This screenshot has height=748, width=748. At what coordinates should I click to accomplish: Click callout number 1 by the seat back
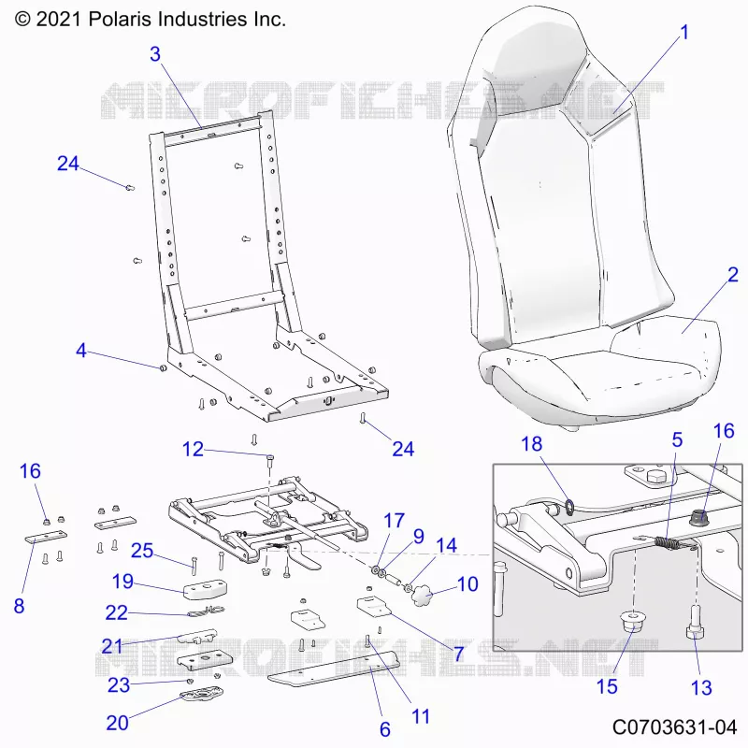(684, 33)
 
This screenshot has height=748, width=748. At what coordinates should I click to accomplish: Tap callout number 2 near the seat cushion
(733, 274)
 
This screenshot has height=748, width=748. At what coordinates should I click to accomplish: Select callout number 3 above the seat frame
(155, 54)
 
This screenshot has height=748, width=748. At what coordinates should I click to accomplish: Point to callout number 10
(467, 583)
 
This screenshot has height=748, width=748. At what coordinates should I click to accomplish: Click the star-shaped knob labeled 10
(422, 596)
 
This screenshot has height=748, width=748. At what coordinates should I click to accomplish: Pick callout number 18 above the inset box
(532, 443)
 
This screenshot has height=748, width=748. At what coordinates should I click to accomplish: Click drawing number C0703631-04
(674, 727)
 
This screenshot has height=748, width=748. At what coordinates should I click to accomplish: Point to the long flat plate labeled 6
(334, 668)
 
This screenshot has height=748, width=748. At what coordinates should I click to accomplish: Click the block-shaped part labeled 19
(206, 589)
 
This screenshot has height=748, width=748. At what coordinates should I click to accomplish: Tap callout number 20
(118, 723)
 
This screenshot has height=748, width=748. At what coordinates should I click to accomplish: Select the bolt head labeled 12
(270, 458)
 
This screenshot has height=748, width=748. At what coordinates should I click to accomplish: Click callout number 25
(142, 551)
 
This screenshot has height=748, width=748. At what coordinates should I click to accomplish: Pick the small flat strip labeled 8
(46, 537)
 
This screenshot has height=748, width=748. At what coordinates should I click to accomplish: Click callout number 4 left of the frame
(81, 351)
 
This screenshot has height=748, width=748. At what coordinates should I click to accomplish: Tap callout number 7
(458, 654)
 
